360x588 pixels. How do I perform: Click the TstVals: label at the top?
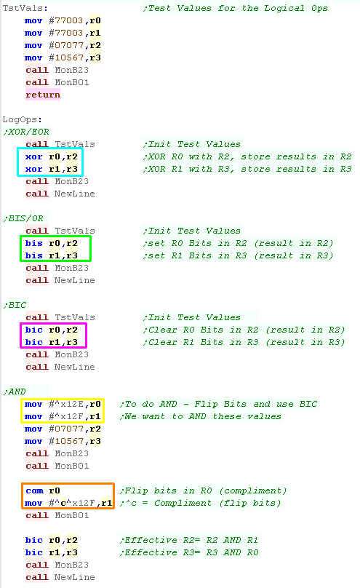(25, 8)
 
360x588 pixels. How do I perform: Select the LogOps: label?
(22, 119)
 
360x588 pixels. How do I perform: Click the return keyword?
(43, 95)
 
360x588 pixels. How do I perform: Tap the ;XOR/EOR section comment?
(26, 132)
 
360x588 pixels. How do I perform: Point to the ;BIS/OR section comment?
(23, 218)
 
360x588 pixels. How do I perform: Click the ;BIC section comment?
(15, 305)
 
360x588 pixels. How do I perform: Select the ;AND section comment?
(15, 392)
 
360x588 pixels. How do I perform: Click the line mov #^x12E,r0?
(63, 405)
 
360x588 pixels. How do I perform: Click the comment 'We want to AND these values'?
(201, 417)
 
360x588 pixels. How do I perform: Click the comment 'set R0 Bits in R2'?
(195, 243)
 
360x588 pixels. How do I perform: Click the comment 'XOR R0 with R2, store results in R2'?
(247, 156)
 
